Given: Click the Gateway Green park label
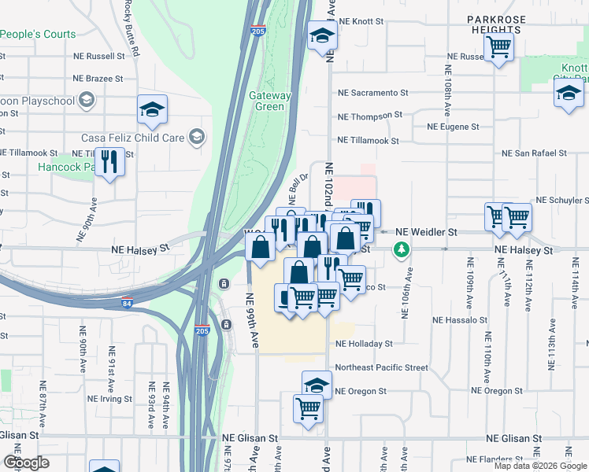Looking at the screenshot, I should pyautogui.click(x=271, y=101).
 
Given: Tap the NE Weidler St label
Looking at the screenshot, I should pyautogui.click(x=426, y=232).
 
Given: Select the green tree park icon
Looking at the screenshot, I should pyautogui.click(x=402, y=250).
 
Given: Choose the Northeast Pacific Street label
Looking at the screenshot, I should pyautogui.click(x=381, y=367).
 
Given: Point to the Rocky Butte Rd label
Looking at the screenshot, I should pyautogui.click(x=132, y=28).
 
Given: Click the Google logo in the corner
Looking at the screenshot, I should pyautogui.click(x=27, y=462).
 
